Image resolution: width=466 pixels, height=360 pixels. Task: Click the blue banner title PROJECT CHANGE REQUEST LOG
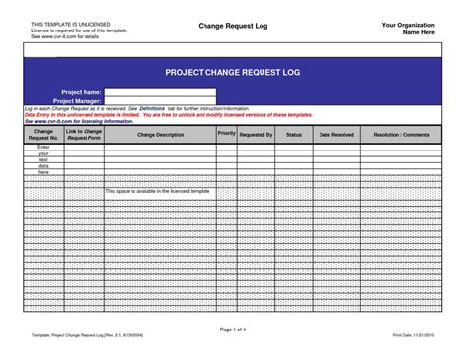(x=233, y=73)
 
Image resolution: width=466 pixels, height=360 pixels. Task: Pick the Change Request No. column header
(x=43, y=134)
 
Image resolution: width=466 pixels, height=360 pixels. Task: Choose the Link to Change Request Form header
(x=84, y=134)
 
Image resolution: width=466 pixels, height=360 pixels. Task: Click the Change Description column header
(x=160, y=134)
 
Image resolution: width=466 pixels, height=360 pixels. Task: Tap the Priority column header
(x=226, y=132)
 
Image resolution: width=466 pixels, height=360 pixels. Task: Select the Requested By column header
(x=256, y=134)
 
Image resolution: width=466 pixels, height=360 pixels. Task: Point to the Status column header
(x=294, y=134)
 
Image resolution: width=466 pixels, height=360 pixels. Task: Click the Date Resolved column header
(x=336, y=134)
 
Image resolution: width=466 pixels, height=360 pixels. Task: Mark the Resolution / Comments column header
(x=401, y=134)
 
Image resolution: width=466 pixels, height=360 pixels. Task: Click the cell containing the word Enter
(x=43, y=147)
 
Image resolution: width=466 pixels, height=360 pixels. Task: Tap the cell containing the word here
(x=43, y=172)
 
